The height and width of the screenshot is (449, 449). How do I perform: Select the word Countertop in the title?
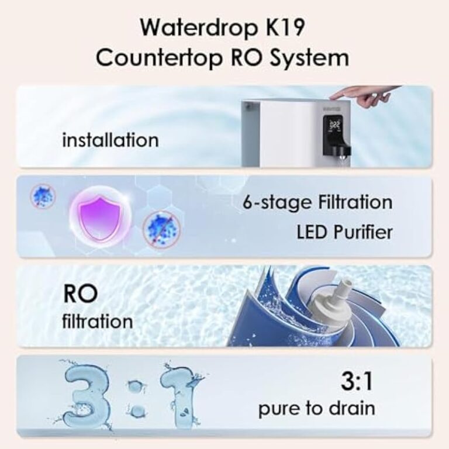[158, 58]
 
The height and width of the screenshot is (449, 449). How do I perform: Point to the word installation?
[110, 140]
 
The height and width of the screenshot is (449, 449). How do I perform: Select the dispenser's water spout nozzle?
[341, 153]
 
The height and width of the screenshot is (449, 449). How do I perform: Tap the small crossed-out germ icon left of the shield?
[43, 196]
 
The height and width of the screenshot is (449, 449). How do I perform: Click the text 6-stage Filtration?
[317, 202]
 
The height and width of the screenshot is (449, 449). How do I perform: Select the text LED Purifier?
[344, 232]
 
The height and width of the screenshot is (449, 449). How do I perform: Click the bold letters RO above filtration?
[81, 294]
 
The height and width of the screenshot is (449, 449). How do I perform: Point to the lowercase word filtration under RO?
[98, 322]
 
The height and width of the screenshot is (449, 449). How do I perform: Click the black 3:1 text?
[357, 381]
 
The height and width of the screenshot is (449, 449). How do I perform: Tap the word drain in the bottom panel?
[352, 408]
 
